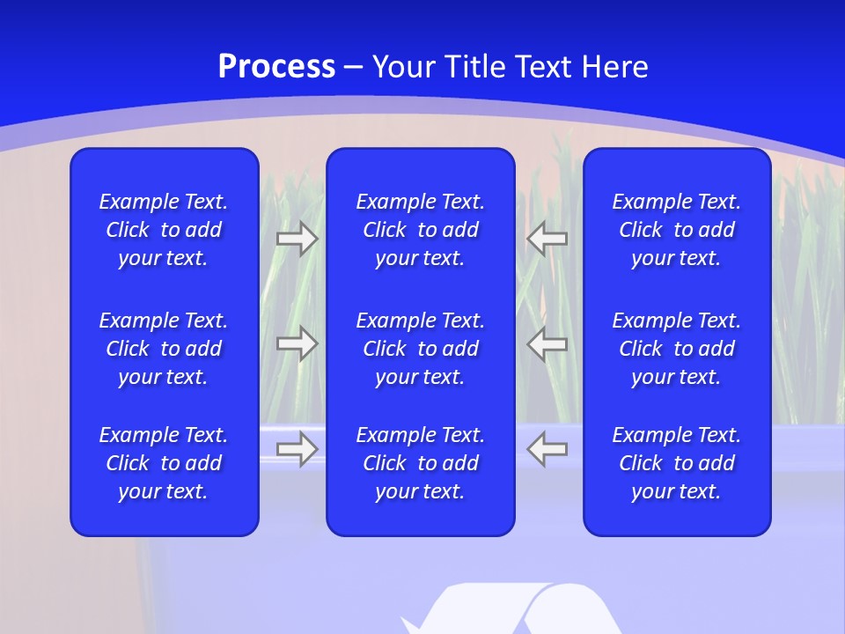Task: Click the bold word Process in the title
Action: (x=276, y=67)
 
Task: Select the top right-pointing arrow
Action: (x=298, y=238)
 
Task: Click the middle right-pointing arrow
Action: (x=298, y=343)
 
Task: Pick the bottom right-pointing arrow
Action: (x=298, y=449)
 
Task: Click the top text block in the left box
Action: (x=164, y=230)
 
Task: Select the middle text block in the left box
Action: (x=164, y=349)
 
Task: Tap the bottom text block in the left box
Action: (x=164, y=463)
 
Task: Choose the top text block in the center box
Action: (x=421, y=230)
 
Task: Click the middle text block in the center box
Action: (x=421, y=349)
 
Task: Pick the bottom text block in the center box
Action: (x=421, y=463)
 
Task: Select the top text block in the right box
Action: (x=677, y=230)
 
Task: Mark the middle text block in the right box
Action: (x=677, y=349)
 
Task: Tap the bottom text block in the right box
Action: (x=677, y=463)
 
